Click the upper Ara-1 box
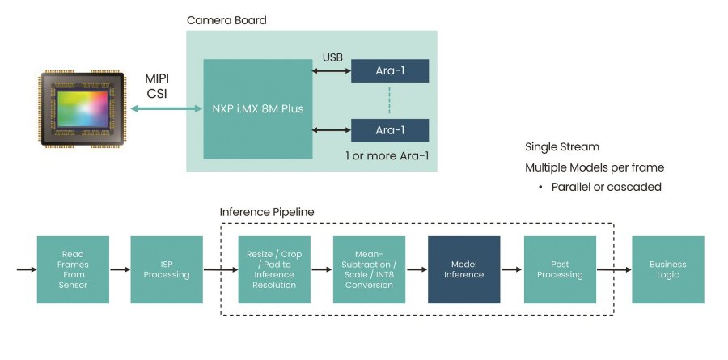click(x=389, y=70)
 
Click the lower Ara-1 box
click(x=389, y=129)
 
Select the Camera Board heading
click(x=226, y=19)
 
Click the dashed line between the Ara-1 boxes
click(x=389, y=100)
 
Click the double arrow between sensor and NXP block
click(x=161, y=108)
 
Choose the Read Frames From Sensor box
click(x=73, y=269)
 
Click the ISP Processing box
click(x=167, y=269)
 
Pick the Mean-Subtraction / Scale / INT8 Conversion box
click(x=369, y=269)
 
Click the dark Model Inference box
click(x=463, y=269)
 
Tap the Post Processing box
click(x=560, y=269)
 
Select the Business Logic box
click(x=667, y=269)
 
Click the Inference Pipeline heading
click(x=266, y=212)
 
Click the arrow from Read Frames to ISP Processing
click(x=120, y=269)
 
